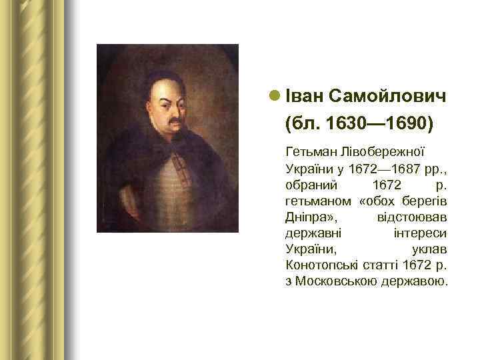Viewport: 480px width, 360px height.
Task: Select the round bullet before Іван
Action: pyautogui.click(x=275, y=97)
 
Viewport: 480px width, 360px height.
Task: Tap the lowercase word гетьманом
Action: pyautogui.click(x=317, y=201)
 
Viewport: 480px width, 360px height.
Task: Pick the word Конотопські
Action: pyautogui.click(x=323, y=265)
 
